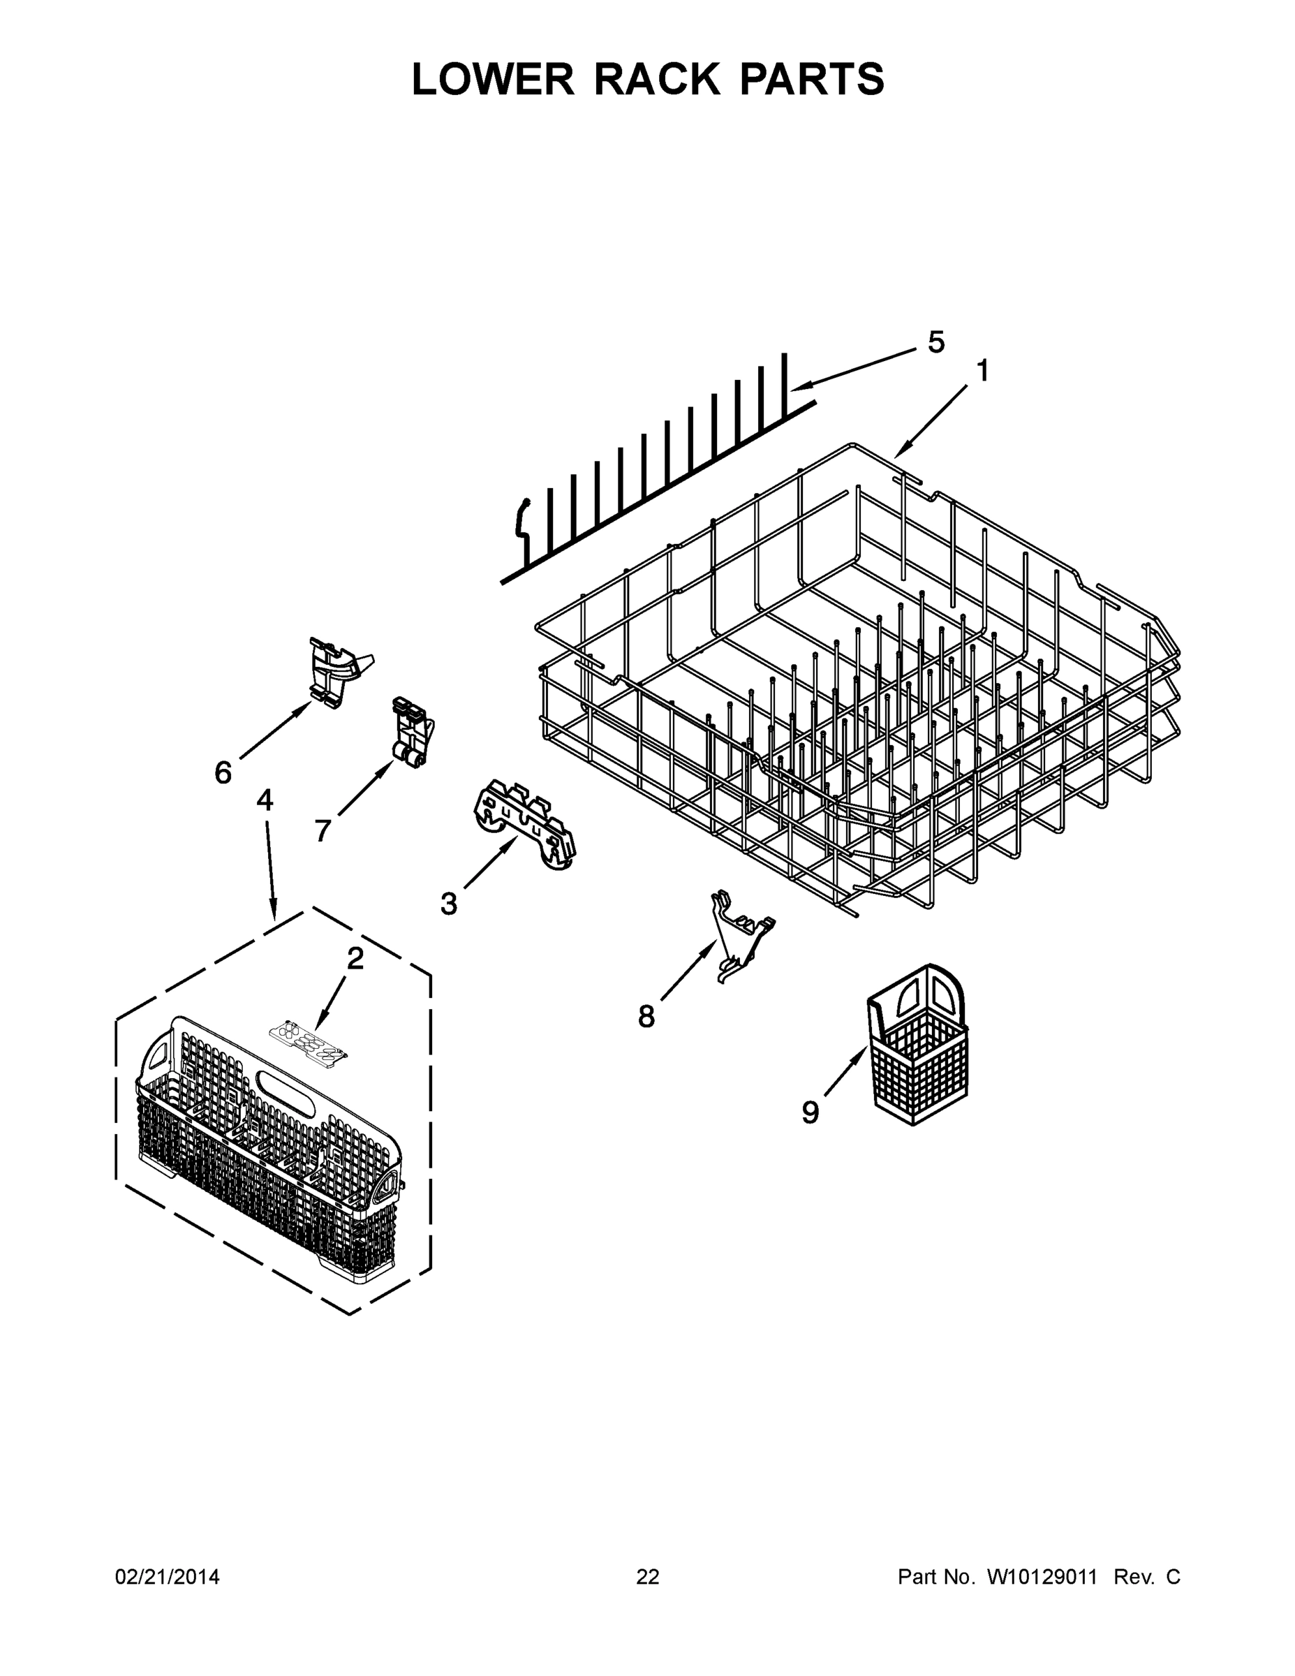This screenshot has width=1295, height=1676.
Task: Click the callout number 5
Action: (x=936, y=342)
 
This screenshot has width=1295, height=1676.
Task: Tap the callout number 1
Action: (x=982, y=372)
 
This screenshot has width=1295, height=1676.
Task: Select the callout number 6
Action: (x=223, y=773)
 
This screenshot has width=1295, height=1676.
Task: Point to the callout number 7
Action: (x=323, y=830)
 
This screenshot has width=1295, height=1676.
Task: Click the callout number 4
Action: (x=265, y=800)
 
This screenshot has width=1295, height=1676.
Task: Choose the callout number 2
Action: (x=355, y=959)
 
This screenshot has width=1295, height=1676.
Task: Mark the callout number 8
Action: (x=646, y=1017)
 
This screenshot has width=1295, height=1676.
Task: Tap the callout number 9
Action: (x=810, y=1112)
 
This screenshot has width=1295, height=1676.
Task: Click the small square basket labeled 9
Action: (x=918, y=1047)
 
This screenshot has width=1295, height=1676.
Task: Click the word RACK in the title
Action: (x=657, y=79)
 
